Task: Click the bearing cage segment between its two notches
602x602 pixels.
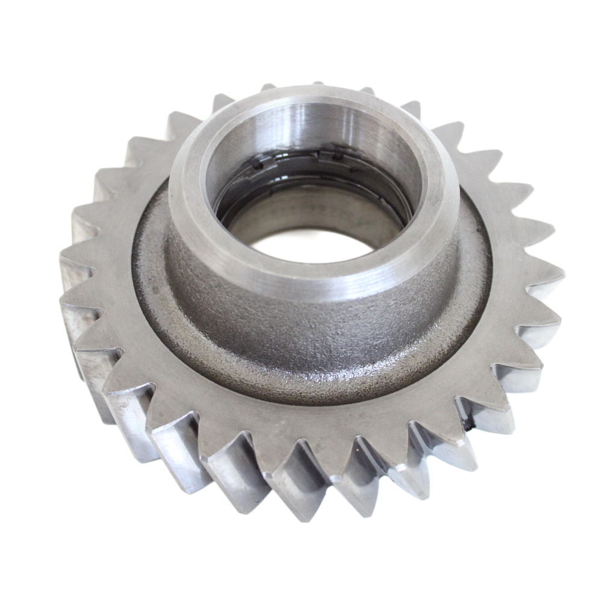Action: (x=298, y=155)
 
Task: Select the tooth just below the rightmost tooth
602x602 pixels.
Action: (x=554, y=328)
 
